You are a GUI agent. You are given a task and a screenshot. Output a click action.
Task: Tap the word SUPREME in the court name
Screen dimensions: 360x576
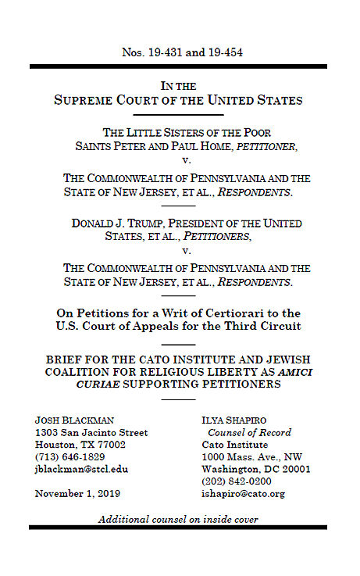point(91,101)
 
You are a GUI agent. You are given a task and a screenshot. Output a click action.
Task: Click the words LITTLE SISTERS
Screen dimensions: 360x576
point(164,132)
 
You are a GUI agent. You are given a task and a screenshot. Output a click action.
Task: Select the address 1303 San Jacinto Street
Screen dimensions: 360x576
point(91,432)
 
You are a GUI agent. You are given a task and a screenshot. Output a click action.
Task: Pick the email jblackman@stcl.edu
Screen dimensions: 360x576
point(81,469)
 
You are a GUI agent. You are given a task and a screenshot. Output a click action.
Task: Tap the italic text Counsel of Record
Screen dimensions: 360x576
point(249,432)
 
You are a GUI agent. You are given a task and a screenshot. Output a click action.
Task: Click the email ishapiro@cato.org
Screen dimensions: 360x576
point(243,493)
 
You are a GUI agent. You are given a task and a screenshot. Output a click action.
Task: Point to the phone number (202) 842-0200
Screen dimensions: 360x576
point(237,481)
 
